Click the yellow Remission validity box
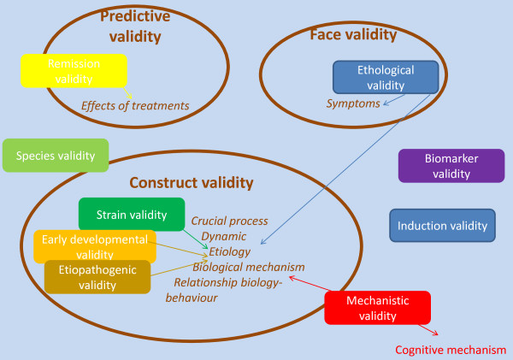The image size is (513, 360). click(74, 71)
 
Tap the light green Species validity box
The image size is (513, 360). click(56, 155)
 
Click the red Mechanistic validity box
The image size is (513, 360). click(377, 308)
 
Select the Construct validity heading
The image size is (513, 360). click(191, 182)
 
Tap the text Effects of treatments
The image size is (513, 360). click(135, 106)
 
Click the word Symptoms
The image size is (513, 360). click(354, 103)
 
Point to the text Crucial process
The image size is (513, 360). click(229, 220)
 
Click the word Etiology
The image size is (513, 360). click(229, 251)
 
